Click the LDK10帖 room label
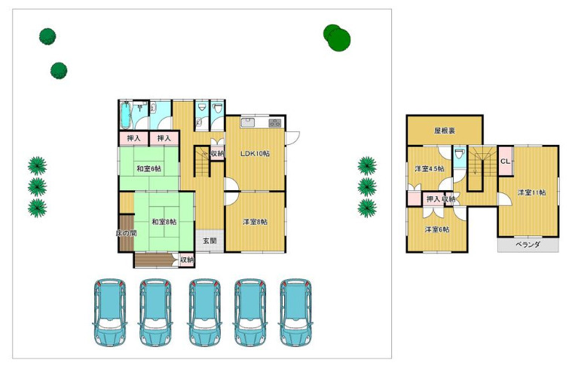[x=255, y=154]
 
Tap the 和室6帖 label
[x=148, y=169]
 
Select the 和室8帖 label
[x=164, y=222]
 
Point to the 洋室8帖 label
[x=255, y=222]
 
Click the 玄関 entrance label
[x=210, y=241]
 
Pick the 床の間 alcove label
[x=126, y=233]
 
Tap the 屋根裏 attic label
[x=445, y=131]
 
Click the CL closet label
[x=505, y=161]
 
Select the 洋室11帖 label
[x=531, y=192]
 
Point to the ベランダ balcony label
[x=528, y=244]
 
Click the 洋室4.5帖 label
[x=430, y=169]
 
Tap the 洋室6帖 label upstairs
[x=436, y=229]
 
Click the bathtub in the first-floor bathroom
[x=125, y=115]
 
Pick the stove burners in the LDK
[x=275, y=123]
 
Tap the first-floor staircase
[x=203, y=161]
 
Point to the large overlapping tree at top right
[x=337, y=37]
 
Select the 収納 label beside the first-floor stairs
[x=217, y=154]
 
